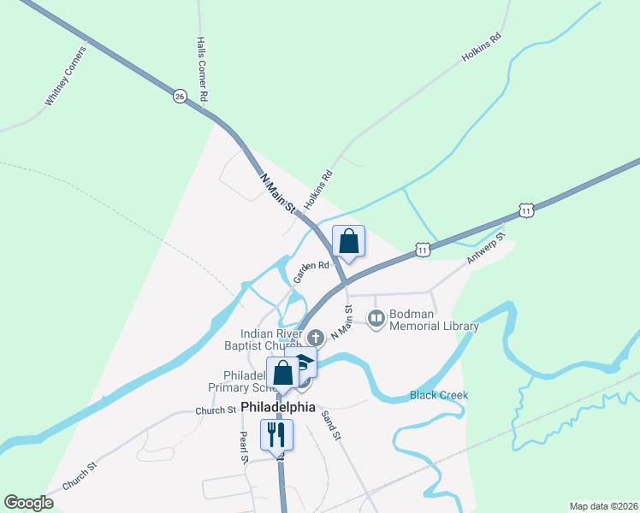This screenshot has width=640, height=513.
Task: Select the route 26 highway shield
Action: point(179,96)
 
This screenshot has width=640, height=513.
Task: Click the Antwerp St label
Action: point(487,246)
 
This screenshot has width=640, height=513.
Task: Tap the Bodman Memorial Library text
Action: point(434,320)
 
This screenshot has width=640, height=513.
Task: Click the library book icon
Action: point(376,319)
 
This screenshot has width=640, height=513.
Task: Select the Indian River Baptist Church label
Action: point(271,339)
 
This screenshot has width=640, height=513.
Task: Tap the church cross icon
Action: point(315,337)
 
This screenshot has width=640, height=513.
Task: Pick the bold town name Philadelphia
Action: point(278,407)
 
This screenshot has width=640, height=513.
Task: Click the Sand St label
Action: point(330,424)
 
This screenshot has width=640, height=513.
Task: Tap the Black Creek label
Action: point(439,395)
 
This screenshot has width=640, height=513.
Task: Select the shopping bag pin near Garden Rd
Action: point(348,241)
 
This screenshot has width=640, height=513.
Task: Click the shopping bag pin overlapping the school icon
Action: point(283,374)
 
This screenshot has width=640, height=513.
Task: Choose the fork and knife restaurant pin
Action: point(277,435)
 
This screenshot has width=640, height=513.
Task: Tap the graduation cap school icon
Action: point(305,363)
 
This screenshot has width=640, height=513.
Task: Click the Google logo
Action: point(28,503)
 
